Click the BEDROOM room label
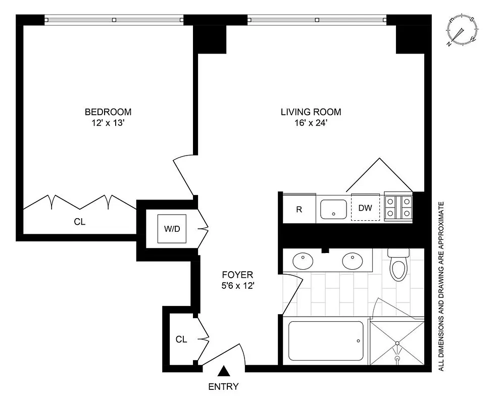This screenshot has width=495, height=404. coord(108,112)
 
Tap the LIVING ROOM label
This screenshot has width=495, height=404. coord(311,112)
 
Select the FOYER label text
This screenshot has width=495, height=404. coord(237,275)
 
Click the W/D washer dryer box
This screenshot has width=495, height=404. coord(172,229)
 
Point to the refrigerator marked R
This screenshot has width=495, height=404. coord(299,209)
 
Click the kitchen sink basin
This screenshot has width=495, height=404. coord(333,209)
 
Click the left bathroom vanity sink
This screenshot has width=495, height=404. coord(303,262)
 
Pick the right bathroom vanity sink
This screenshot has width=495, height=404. coord(353,262)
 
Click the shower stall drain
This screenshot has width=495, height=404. coord(397,360)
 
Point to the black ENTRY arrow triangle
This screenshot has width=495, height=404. coord(223,372)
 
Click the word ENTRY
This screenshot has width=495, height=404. coord(223,387)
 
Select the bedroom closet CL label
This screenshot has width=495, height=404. coord(79,221)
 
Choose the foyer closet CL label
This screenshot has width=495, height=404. coord(181,339)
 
